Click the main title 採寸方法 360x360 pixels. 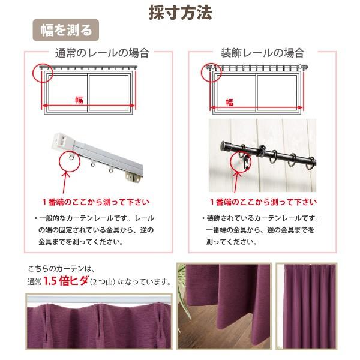[x=180, y=13]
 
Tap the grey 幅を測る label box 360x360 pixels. [x=66, y=29]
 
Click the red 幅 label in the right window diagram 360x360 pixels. [x=229, y=101]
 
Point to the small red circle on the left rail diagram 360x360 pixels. [x=44, y=74]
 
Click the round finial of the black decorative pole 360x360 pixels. [x=225, y=146]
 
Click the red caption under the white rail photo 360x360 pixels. [x=96, y=202]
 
